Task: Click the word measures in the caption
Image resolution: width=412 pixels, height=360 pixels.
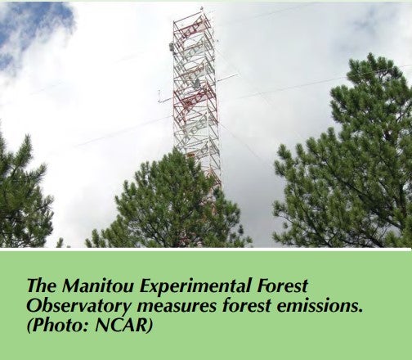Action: tap(177, 307)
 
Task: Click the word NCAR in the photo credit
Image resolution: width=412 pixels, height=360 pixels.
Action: tap(121, 326)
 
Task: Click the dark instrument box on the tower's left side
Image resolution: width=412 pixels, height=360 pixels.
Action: tap(172, 47)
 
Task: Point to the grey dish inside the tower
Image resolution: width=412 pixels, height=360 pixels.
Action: tap(196, 83)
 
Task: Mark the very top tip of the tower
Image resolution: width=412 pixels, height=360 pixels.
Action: tap(202, 7)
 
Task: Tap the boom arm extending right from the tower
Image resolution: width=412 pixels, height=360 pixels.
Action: tap(227, 78)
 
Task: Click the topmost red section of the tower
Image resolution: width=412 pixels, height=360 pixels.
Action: tap(193, 27)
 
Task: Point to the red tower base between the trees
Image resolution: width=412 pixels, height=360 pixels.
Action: tap(211, 191)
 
